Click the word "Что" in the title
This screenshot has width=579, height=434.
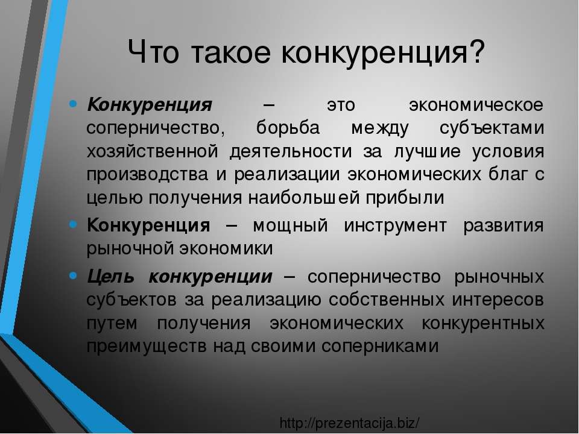click(x=154, y=52)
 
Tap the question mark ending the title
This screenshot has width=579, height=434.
click(x=475, y=51)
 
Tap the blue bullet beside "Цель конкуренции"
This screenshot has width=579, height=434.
click(x=73, y=275)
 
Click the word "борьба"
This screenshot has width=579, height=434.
click(x=288, y=128)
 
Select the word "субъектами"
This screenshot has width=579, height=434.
click(x=492, y=128)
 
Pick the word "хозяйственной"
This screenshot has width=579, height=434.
click(x=153, y=152)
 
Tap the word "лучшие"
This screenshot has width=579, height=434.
click(x=428, y=153)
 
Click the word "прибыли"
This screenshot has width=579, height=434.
click(x=405, y=198)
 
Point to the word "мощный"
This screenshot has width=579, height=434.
click(x=291, y=225)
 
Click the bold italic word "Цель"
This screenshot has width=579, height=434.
click(x=110, y=277)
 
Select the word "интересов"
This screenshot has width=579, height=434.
click(x=498, y=300)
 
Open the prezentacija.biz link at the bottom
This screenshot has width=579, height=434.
click(x=350, y=423)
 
